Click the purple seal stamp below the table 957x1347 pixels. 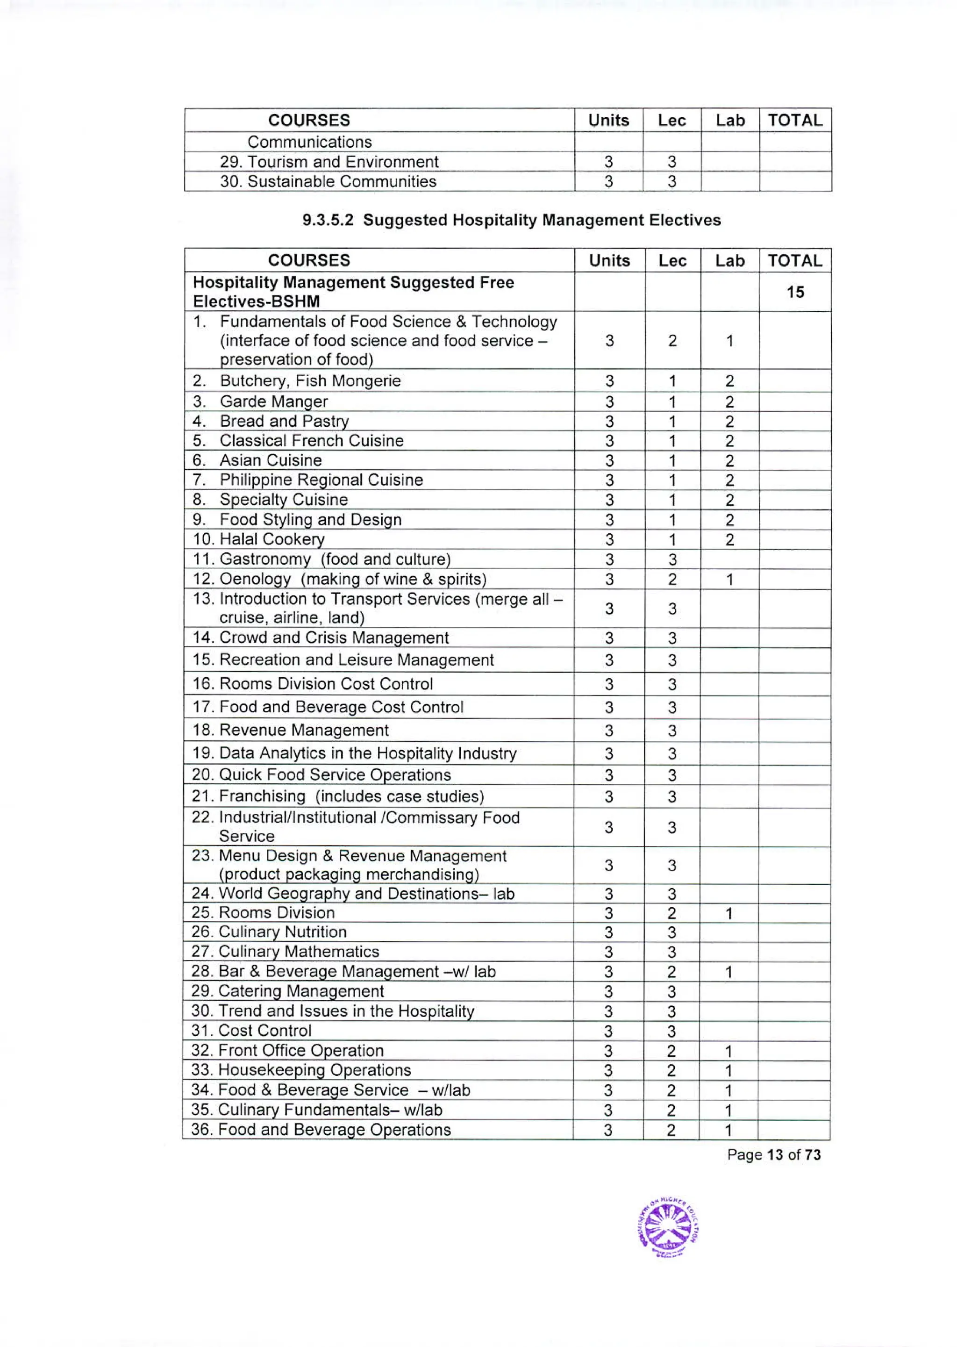668,1229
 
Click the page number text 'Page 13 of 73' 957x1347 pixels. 773,1155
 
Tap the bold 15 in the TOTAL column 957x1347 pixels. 795,292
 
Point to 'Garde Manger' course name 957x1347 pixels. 273,402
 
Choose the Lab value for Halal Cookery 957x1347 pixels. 729,540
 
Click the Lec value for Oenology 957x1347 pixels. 672,579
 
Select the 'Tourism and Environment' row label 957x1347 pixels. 329,162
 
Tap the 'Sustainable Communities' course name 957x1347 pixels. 328,181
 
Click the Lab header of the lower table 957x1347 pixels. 729,260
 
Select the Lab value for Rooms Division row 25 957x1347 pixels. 729,913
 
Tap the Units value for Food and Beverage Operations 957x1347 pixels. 607,1130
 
